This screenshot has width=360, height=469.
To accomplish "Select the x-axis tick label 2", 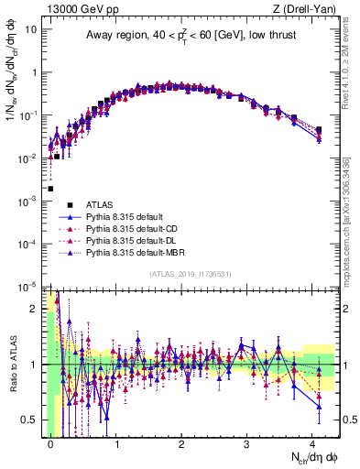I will point(181,442).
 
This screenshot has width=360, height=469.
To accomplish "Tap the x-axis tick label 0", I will point(50,442).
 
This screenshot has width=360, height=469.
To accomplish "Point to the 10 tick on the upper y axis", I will point(31,29).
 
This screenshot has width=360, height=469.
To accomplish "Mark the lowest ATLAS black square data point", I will point(50,189).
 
